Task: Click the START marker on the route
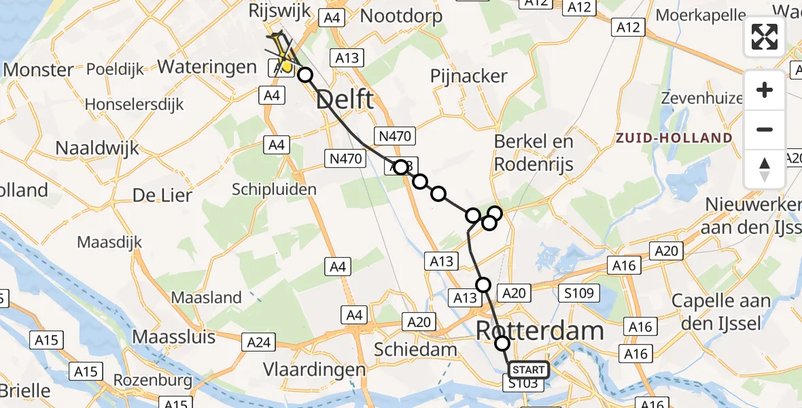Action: tap(528, 370)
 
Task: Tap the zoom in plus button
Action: tap(765, 90)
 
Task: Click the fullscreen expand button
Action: tap(765, 37)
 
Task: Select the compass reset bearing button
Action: tap(765, 169)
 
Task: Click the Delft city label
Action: tap(345, 100)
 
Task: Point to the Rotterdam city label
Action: tap(540, 331)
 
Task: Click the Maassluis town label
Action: tap(173, 337)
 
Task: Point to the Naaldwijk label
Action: tap(97, 148)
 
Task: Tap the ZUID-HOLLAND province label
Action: tap(674, 138)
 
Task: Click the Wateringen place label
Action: tap(207, 67)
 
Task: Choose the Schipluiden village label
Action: tap(275, 188)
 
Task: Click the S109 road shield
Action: tap(578, 294)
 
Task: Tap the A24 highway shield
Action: tap(260, 342)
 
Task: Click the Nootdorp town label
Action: tap(401, 16)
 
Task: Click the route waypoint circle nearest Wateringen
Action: tap(305, 75)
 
